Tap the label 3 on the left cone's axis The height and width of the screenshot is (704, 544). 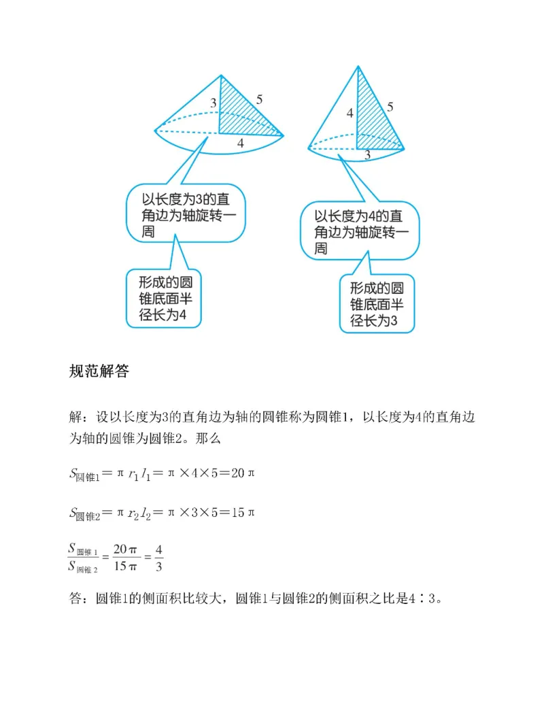tap(214, 103)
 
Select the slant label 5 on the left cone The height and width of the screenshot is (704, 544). tap(259, 99)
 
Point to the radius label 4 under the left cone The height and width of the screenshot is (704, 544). tap(240, 144)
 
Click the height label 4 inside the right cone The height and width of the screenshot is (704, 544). tap(350, 113)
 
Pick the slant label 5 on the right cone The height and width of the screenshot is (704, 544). tap(390, 106)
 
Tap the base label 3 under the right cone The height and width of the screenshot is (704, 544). tap(367, 156)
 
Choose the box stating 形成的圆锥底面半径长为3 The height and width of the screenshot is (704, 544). tap(377, 304)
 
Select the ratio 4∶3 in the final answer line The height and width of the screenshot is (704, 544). tap(426, 599)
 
